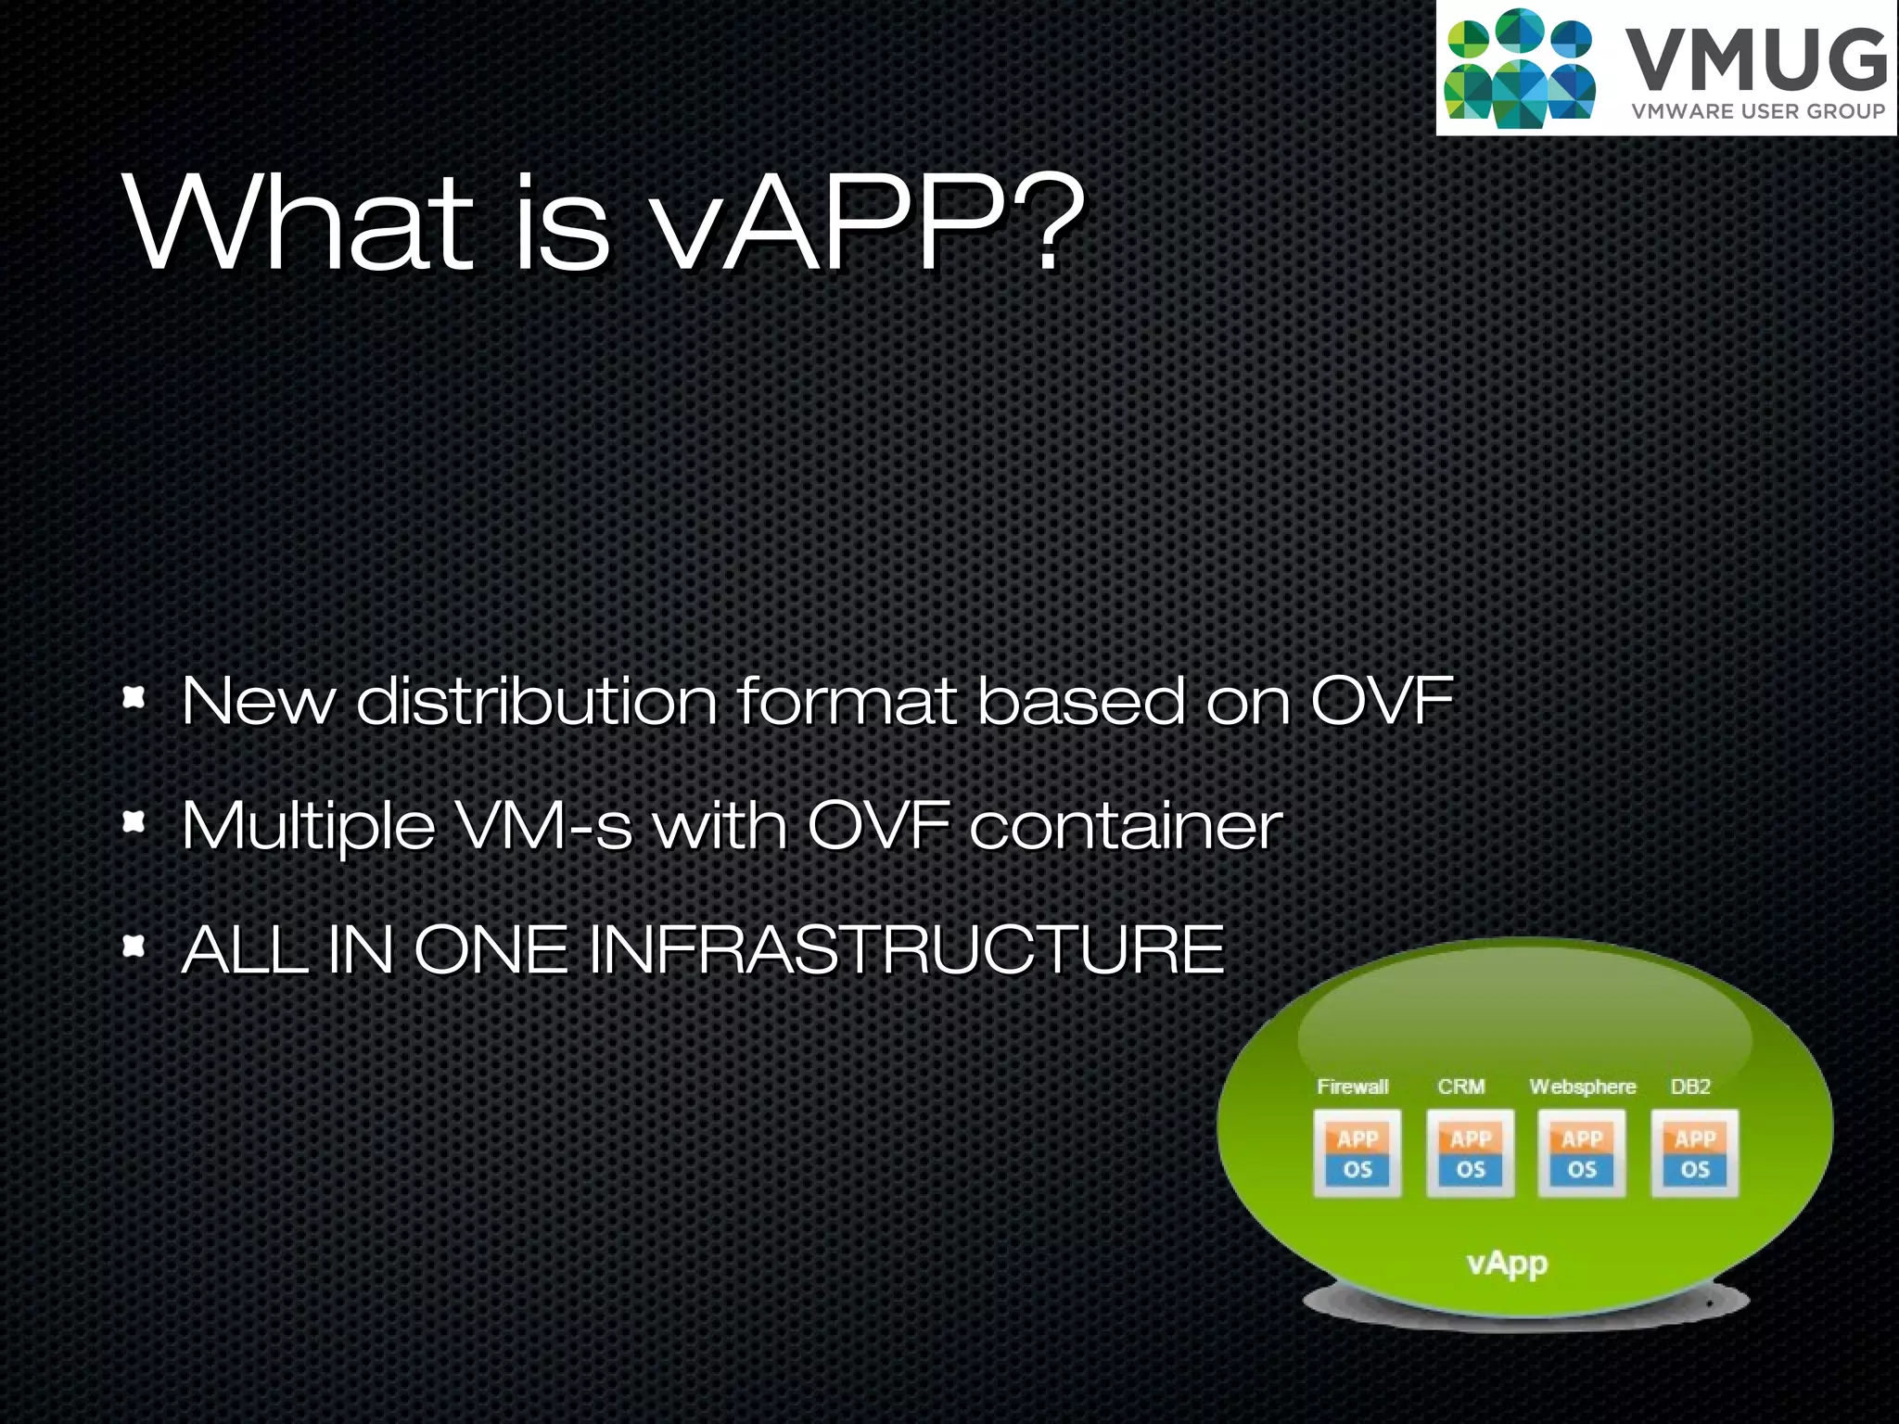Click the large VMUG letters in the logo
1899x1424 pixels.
tap(1756, 61)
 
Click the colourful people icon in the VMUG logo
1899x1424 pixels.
tap(1519, 67)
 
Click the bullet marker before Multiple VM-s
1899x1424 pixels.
tap(134, 821)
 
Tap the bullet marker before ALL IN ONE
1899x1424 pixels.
tap(134, 946)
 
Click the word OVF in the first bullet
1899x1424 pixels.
tap(1382, 701)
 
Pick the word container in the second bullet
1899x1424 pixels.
tap(1126, 825)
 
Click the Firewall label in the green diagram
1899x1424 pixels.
tap(1353, 1087)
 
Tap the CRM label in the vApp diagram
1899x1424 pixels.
tap(1461, 1087)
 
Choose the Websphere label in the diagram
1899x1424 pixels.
tap(1582, 1087)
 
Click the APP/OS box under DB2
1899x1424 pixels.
tap(1694, 1153)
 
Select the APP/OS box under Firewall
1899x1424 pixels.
tap(1357, 1153)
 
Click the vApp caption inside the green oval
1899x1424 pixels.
tap(1507, 1263)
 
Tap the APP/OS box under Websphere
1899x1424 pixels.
tap(1582, 1153)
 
